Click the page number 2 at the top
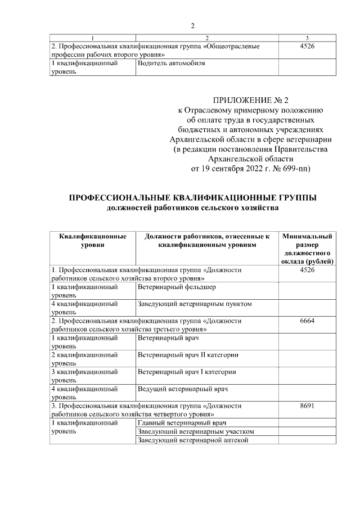(192, 26)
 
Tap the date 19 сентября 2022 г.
(234, 168)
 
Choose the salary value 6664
(307, 321)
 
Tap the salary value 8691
(307, 405)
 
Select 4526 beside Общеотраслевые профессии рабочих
(307, 46)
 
